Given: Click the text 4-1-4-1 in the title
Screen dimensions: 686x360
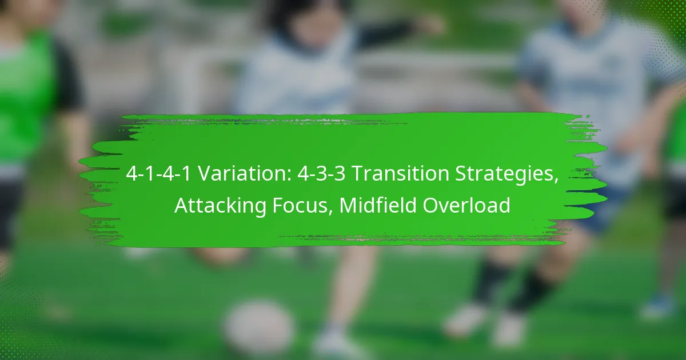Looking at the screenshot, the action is click(158, 173).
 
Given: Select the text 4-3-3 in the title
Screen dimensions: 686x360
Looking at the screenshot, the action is click(321, 173).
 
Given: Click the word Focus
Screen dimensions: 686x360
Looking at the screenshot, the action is click(300, 205).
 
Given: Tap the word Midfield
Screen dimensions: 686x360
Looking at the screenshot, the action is click(378, 205).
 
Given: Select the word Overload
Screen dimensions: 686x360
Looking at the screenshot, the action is click(466, 205).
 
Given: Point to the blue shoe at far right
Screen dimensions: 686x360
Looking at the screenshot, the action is click(659, 307).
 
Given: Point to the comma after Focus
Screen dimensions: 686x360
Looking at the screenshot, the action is click(330, 213).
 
